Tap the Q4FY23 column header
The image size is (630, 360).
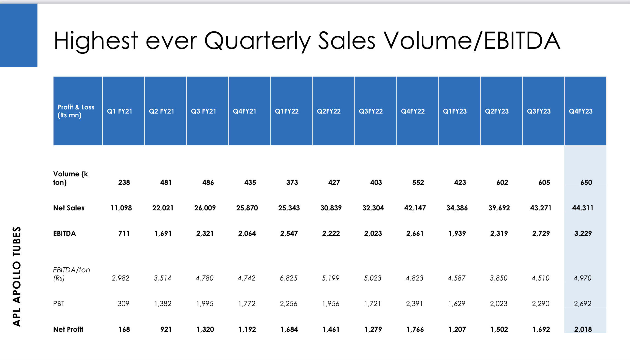click(581, 111)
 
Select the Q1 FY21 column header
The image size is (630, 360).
click(120, 111)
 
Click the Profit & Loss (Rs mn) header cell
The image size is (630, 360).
click(76, 111)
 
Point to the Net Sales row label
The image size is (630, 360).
click(69, 208)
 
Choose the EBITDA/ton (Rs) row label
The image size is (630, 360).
click(71, 274)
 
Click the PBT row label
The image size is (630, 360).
click(59, 304)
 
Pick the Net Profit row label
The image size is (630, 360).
click(68, 329)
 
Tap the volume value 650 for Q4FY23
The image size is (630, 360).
click(586, 182)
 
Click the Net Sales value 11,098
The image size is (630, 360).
click(121, 208)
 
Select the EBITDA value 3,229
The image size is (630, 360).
click(583, 233)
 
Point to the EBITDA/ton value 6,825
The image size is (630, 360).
click(288, 278)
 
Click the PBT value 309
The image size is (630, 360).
click(123, 304)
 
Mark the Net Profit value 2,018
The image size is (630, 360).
click(583, 329)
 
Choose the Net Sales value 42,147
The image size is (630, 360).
click(415, 208)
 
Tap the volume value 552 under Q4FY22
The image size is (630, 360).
click(418, 182)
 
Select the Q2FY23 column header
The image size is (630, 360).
click(497, 111)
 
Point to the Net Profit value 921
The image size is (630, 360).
click(166, 329)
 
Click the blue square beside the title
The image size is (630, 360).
click(19, 35)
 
